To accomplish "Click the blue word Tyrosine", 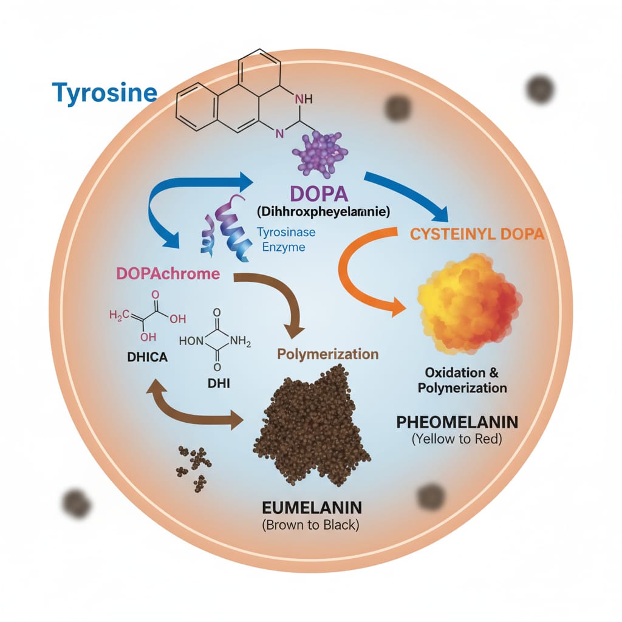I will [104, 93].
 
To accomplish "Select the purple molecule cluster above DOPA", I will [320, 154].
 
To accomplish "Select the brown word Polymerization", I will [327, 354].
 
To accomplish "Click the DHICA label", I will [139, 357].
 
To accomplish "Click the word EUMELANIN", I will [310, 506].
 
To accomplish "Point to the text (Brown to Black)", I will [310, 524].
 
